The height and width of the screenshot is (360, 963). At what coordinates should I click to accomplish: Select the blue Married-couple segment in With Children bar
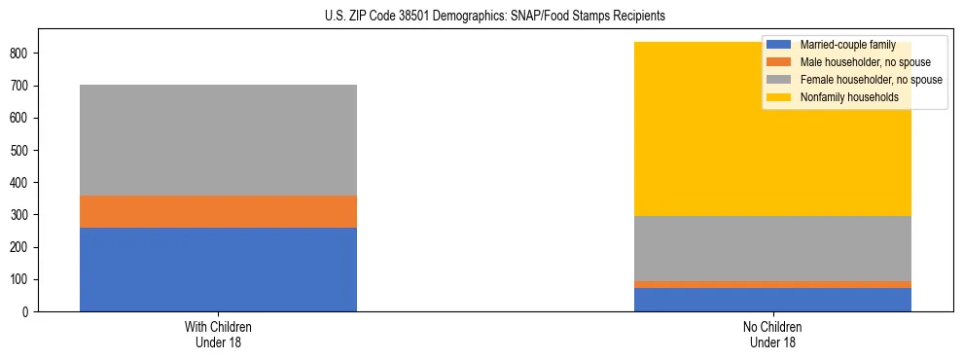[x=218, y=270]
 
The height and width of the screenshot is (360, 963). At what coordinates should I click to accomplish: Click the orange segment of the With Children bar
[x=218, y=211]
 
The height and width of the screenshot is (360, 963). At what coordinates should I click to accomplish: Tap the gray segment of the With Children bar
[x=218, y=140]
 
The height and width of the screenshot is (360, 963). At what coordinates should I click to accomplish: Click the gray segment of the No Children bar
[x=772, y=248]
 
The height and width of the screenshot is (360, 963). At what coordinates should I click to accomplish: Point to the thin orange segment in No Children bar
[x=772, y=284]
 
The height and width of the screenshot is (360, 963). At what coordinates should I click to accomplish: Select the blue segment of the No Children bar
[x=772, y=300]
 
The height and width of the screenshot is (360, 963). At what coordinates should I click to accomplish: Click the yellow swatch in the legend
[x=779, y=97]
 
